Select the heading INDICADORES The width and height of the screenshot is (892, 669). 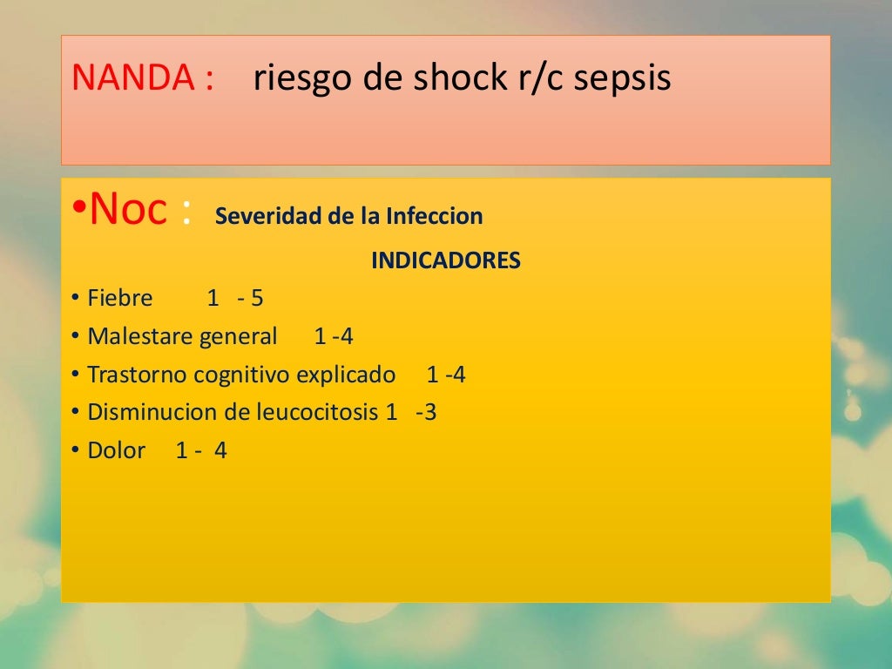pyautogui.click(x=446, y=260)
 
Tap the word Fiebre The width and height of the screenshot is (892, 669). pyautogui.click(x=120, y=299)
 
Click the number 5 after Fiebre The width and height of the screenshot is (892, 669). pyautogui.click(x=257, y=299)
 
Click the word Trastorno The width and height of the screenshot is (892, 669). pyautogui.click(x=138, y=375)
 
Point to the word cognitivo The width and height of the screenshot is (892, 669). pyautogui.click(x=243, y=375)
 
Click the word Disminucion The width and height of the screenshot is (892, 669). pyautogui.click(x=147, y=413)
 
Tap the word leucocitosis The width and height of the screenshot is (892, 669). pyautogui.click(x=317, y=413)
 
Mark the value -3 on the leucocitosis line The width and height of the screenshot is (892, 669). pyautogui.click(x=426, y=413)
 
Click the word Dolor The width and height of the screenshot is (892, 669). pyautogui.click(x=116, y=451)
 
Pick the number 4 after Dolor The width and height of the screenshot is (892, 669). pyautogui.click(x=220, y=451)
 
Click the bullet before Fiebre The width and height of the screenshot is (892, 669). pyautogui.click(x=76, y=299)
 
